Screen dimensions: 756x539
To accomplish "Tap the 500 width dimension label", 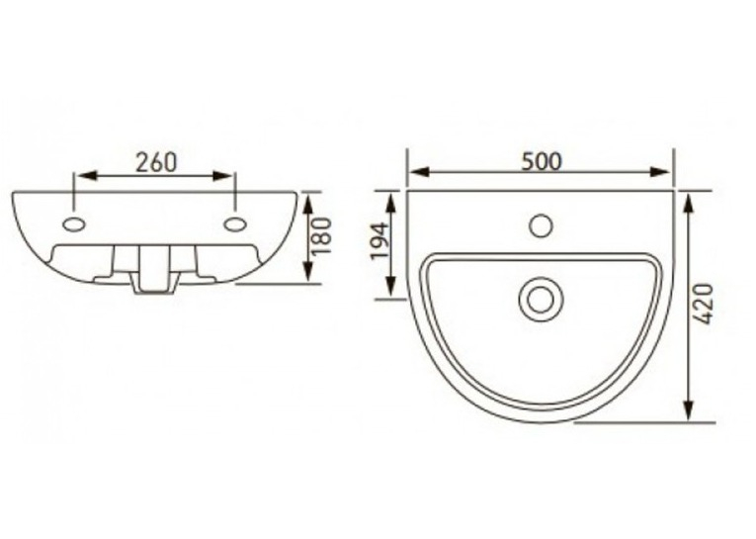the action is click(542, 161).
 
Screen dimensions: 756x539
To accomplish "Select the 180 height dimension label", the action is click(322, 236).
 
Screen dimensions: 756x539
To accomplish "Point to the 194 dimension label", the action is click(379, 241).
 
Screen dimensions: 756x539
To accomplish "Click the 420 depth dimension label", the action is click(705, 304).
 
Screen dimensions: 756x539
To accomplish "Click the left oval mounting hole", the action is click(74, 225).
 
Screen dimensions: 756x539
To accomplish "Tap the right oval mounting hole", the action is click(236, 225).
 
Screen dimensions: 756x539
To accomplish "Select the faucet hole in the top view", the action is click(541, 225).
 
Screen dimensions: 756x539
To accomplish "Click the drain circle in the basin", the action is click(539, 300).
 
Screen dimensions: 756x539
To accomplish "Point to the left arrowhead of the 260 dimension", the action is click(86, 176).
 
